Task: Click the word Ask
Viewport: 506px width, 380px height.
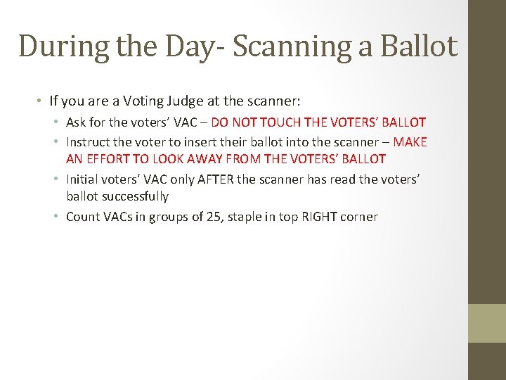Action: pyautogui.click(x=77, y=122)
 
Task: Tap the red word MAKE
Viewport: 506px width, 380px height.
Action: pyautogui.click(x=410, y=141)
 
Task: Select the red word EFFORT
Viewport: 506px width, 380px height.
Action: pyautogui.click(x=110, y=159)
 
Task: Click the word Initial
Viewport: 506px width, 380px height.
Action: pyautogui.click(x=83, y=179)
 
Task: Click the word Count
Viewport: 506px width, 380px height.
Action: pyautogui.click(x=82, y=216)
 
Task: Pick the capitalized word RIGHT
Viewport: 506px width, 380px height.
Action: pyautogui.click(x=320, y=216)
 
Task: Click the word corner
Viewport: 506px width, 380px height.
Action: pyautogui.click(x=360, y=216)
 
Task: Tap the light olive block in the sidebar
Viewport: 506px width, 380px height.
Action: pyautogui.click(x=487, y=323)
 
